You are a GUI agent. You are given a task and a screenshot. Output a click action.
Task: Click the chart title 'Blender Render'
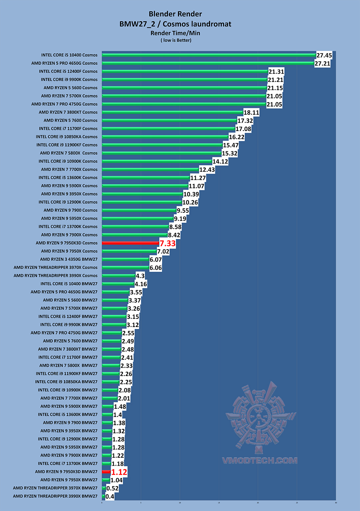click(175, 14)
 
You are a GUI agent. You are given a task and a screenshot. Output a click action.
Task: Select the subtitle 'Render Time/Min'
click(175, 33)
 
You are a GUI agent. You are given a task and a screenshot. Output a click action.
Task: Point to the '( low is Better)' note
click(176, 40)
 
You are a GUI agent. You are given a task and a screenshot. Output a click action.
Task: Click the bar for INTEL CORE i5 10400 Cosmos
click(209, 55)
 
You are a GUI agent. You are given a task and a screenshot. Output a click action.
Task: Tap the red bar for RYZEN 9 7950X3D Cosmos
click(130, 243)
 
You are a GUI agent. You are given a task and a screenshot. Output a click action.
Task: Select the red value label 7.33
click(168, 243)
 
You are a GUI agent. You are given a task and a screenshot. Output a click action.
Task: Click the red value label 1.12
click(119, 472)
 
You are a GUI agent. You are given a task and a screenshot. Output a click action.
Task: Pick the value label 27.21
click(322, 63)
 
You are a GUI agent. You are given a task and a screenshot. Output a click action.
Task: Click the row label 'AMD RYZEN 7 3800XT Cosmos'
click(68, 112)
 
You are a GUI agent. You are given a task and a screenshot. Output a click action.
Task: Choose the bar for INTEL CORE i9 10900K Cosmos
click(157, 161)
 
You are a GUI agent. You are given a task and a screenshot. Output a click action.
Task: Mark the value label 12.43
click(207, 170)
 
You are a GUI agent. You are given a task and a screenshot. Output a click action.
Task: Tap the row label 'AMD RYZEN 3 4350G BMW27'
click(69, 259)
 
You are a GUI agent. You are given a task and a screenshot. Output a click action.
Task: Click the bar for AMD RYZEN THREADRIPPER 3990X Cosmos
click(119, 276)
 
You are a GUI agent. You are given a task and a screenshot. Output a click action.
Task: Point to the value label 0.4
click(110, 497)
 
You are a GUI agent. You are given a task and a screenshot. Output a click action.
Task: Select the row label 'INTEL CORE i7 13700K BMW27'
click(68, 464)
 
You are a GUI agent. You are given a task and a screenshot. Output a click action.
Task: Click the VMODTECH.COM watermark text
click(260, 461)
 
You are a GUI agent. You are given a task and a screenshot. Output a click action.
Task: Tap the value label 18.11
click(251, 113)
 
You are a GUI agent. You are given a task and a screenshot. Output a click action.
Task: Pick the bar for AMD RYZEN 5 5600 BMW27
click(115, 300)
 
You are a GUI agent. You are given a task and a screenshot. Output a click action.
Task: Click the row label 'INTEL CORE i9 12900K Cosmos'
click(68, 202)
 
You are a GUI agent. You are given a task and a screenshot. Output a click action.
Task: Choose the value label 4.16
click(141, 284)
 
